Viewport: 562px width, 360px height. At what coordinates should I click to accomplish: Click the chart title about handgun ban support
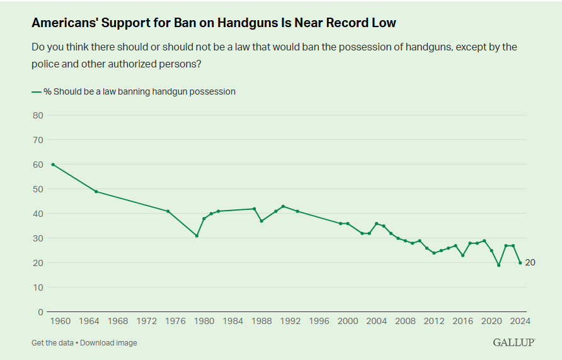click(214, 23)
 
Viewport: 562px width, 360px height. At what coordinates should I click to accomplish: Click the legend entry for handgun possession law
click(134, 91)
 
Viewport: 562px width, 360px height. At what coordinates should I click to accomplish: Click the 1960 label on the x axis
click(60, 321)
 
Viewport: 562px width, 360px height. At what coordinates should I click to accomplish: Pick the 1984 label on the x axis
click(233, 321)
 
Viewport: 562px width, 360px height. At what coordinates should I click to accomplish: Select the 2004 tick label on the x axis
click(377, 321)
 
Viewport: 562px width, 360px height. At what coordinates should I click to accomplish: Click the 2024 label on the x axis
click(520, 321)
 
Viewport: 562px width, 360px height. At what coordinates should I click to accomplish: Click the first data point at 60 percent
click(53, 165)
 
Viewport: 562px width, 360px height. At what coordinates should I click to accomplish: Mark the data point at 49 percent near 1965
click(96, 192)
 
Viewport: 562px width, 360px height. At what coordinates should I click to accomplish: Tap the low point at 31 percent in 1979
click(197, 236)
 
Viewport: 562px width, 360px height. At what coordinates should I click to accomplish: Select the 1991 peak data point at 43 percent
click(283, 206)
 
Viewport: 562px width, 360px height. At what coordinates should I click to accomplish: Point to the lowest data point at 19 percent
click(498, 265)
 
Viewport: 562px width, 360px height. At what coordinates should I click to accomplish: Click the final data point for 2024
click(520, 263)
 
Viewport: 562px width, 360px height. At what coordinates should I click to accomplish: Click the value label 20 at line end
click(530, 263)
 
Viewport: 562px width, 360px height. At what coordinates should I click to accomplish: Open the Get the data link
click(52, 343)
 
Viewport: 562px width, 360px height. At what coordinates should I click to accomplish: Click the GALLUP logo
click(513, 342)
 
